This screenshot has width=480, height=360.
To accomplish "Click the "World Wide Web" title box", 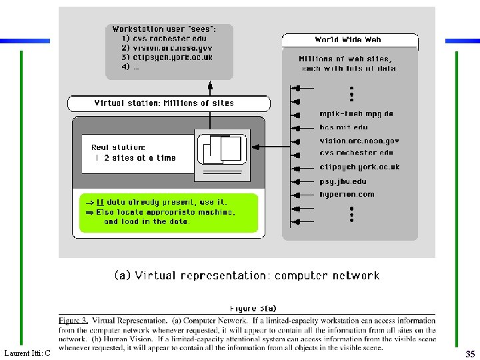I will [x=350, y=41].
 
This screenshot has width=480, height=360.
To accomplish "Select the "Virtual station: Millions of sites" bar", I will [x=169, y=103].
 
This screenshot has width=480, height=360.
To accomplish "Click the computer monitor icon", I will [x=223, y=154].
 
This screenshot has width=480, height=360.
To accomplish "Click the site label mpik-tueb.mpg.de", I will [x=356, y=114].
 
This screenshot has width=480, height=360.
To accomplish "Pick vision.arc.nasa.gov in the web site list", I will [x=359, y=141].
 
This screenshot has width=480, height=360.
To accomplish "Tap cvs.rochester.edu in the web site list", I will [x=357, y=153].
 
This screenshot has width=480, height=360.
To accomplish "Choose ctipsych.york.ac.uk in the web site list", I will [x=359, y=167].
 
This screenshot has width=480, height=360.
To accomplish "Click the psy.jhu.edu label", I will [x=343, y=181].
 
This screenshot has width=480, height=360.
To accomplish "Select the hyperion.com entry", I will [x=347, y=195].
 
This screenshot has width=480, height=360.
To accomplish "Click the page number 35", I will [x=470, y=355].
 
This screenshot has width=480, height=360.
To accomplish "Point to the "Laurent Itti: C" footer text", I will [x=27, y=353].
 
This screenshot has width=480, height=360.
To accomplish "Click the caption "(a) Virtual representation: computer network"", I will [x=247, y=275].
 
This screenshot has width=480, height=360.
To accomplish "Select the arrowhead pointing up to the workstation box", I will [x=210, y=85].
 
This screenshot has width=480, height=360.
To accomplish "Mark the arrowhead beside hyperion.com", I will [x=296, y=195].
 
